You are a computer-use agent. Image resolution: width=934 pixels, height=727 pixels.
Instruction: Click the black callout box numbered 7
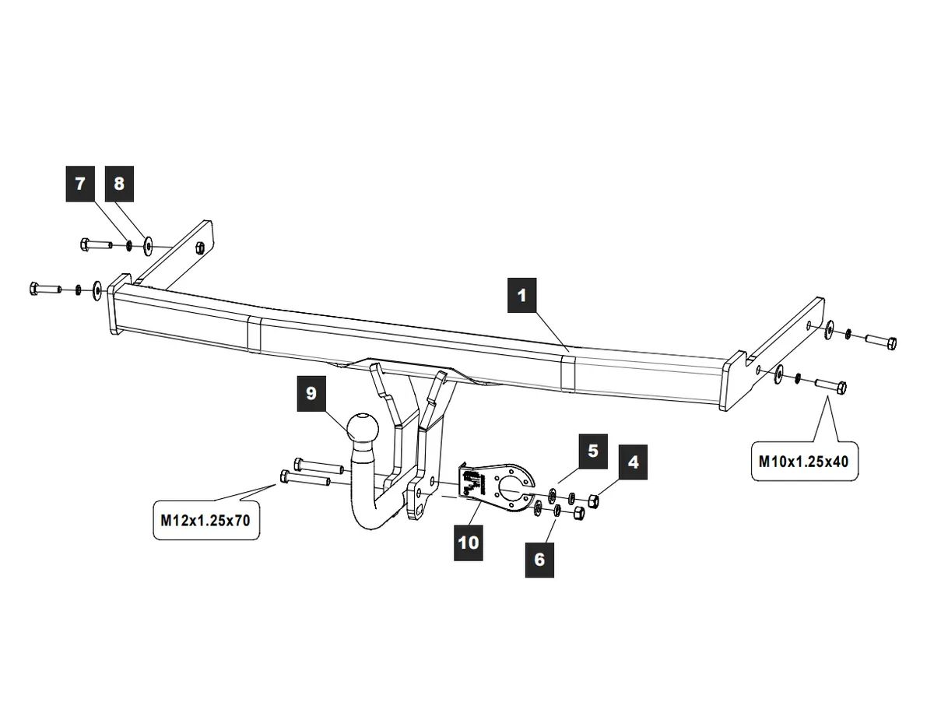[x=80, y=184]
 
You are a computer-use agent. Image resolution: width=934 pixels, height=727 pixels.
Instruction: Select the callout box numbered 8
[x=119, y=184]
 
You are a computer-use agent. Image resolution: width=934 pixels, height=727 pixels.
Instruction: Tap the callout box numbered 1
[x=521, y=295]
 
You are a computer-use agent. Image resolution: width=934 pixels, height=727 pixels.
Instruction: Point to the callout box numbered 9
[x=311, y=394]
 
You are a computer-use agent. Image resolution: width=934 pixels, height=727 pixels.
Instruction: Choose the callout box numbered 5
[x=593, y=451]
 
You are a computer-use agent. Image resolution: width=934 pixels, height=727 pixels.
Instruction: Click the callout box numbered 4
[x=633, y=462]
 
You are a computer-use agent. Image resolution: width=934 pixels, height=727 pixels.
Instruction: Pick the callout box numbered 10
[x=469, y=543]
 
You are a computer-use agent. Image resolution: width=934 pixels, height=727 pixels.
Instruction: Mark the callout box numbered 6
[x=539, y=560]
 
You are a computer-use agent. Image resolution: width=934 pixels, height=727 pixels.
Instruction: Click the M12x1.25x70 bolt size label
[x=205, y=521]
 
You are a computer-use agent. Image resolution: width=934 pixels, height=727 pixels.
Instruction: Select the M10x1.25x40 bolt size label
[x=804, y=462]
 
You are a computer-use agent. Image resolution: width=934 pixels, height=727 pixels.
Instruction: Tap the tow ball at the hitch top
[x=363, y=427]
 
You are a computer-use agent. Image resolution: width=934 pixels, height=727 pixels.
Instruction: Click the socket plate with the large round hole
[x=497, y=488]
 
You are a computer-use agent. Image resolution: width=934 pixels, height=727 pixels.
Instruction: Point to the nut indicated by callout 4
[x=593, y=500]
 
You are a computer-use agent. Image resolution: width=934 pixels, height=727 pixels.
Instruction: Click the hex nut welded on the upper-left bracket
[x=199, y=248]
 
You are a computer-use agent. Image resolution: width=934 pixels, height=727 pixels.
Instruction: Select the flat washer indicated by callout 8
[x=148, y=246]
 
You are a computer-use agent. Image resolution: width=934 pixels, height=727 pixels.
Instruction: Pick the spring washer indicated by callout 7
[x=128, y=246]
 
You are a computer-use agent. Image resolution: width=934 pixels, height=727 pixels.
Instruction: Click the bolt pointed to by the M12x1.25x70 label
[x=305, y=478]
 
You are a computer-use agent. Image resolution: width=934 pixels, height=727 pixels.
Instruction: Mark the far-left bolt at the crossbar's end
[x=45, y=288]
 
